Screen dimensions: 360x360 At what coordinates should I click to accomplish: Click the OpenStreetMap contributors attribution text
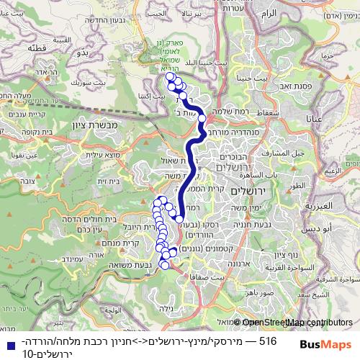[292, 323]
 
